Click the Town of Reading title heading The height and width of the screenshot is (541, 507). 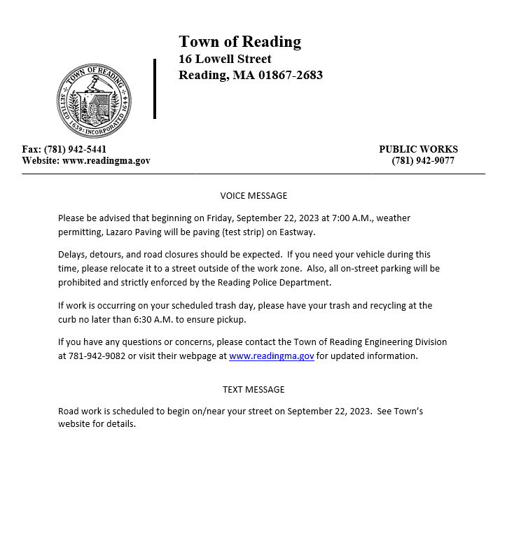tap(239, 42)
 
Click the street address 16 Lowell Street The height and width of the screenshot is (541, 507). tap(225, 59)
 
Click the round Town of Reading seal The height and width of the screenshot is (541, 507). tap(94, 100)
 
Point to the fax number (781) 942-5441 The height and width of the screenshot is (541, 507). tap(75, 149)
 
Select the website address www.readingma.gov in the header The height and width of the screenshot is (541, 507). tap(106, 160)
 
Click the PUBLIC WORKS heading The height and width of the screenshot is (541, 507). tap(418, 149)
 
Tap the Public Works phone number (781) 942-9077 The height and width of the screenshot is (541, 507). tap(423, 160)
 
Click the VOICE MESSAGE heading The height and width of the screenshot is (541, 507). tap(253, 196)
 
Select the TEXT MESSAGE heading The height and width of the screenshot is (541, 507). tap(253, 389)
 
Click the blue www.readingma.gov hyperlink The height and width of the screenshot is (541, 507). tap(271, 356)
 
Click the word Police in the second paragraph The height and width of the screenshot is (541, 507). tap(260, 282)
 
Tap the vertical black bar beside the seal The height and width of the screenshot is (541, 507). tap(155, 89)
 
